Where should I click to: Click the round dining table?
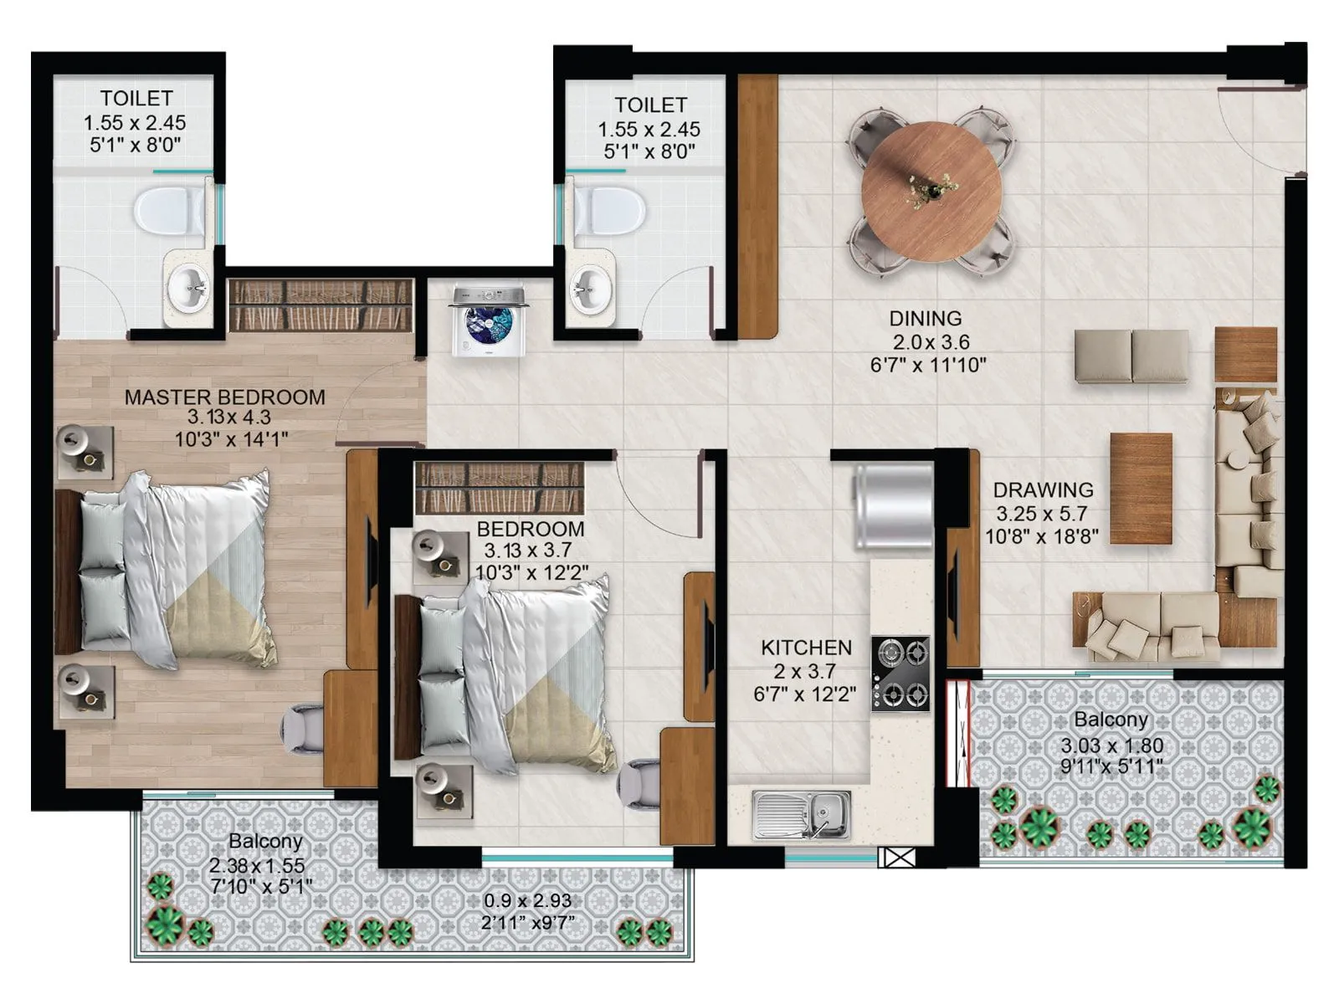pyautogui.click(x=931, y=192)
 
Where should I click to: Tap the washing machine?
pyautogui.click(x=489, y=322)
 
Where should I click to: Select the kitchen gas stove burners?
pyautogui.click(x=900, y=673)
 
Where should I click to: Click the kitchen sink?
pyautogui.click(x=801, y=815)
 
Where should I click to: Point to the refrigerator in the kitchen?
pyautogui.click(x=892, y=507)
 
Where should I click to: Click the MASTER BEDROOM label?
pyautogui.click(x=224, y=397)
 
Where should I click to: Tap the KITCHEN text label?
pyautogui.click(x=806, y=648)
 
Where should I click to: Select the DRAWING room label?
pyautogui.click(x=1043, y=489)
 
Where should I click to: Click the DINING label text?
pyautogui.click(x=925, y=319)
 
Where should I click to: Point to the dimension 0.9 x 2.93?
pyautogui.click(x=527, y=901)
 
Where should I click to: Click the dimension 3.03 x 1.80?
pyautogui.click(x=1111, y=745)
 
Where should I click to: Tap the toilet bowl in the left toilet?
pyautogui.click(x=167, y=210)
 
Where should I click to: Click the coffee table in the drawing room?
pyautogui.click(x=1141, y=489)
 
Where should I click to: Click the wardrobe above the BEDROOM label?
pyautogui.click(x=500, y=488)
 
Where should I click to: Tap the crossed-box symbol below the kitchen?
pyautogui.click(x=897, y=858)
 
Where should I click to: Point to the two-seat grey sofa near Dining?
pyautogui.click(x=1131, y=356)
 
